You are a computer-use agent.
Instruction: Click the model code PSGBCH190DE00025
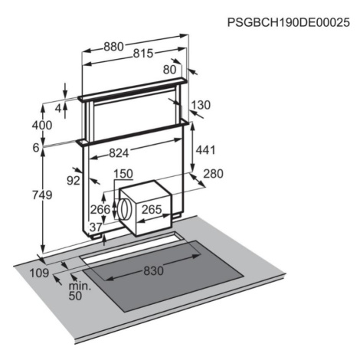pos(288,22)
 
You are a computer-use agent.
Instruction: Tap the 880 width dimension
pos(113,47)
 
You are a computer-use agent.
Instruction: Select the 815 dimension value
pos(143,54)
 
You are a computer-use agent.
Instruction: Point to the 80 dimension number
pos(170,70)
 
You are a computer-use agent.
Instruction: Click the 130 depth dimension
pos(201,105)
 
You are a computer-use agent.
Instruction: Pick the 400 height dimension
pos(42,125)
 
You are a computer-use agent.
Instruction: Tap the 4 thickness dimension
pos(58,109)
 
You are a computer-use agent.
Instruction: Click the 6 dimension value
pos(36,148)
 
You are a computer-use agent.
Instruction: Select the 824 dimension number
pos(119,153)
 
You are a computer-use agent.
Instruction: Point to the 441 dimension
pos(205,150)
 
